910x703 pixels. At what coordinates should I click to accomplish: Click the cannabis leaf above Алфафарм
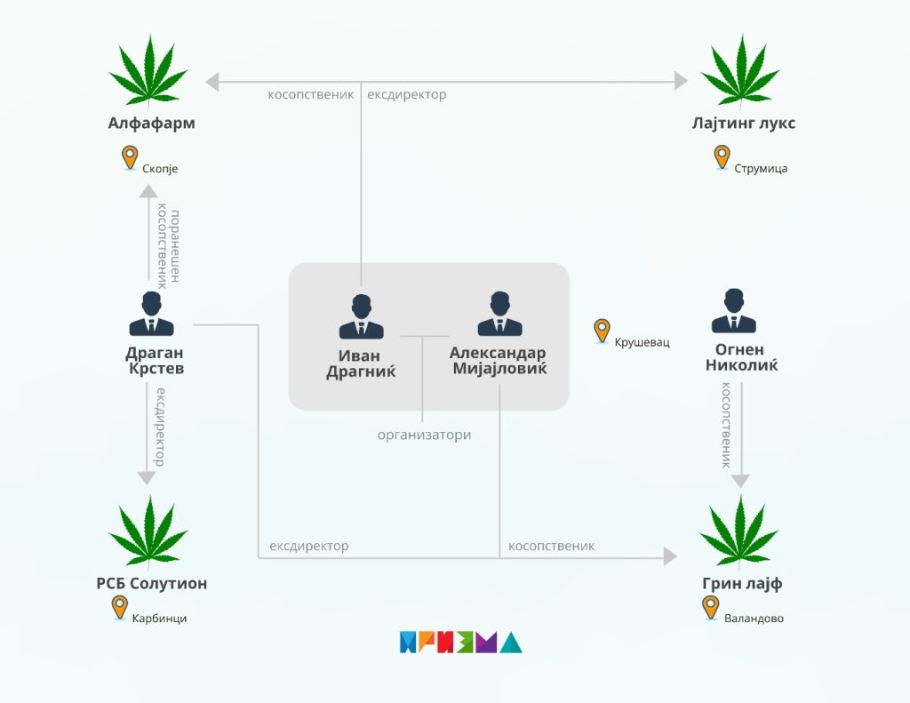(148, 71)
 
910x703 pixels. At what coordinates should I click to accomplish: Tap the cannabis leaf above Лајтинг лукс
(740, 71)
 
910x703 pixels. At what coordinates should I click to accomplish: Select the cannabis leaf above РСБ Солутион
(148, 531)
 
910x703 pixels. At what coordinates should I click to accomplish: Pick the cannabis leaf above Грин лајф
(738, 531)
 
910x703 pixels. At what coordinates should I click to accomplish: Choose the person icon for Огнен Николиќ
(734, 311)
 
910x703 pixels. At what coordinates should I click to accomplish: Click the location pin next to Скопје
(131, 157)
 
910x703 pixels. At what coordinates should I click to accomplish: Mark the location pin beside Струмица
(722, 157)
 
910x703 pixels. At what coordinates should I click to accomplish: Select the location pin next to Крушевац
(602, 331)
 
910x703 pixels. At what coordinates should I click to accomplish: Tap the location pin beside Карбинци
(119, 607)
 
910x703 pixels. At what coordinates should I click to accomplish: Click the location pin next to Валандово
(710, 607)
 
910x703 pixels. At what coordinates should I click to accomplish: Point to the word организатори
(424, 435)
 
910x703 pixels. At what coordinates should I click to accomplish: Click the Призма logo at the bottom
(460, 643)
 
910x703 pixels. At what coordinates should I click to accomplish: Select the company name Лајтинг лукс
(743, 124)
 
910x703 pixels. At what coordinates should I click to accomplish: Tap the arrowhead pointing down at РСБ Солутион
(148, 478)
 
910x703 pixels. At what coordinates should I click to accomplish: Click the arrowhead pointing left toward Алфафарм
(212, 82)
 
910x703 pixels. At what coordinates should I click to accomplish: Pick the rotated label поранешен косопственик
(168, 248)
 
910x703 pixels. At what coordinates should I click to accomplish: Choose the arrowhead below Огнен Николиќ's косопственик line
(740, 481)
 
